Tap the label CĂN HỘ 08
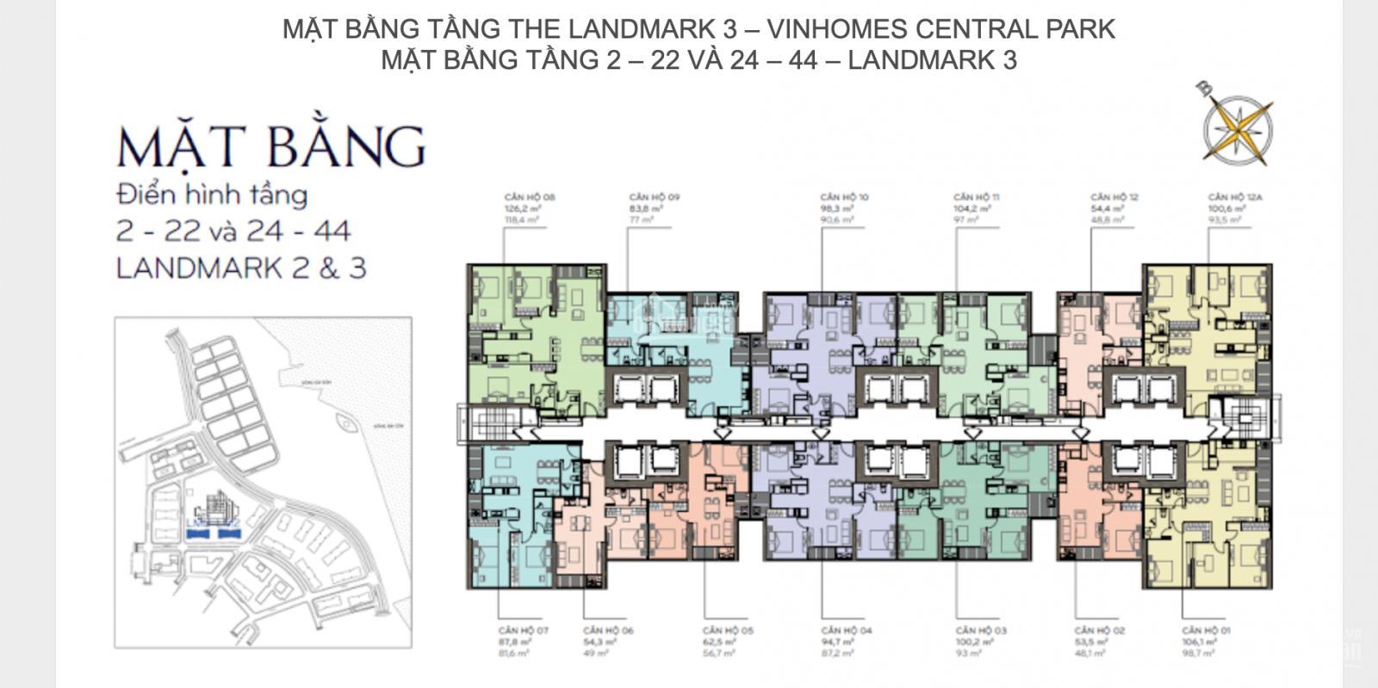(x=530, y=197)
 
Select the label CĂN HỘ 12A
(x=1234, y=197)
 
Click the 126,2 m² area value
(x=522, y=209)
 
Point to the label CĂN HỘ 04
(x=846, y=631)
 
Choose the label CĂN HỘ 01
(x=1206, y=631)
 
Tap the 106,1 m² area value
(x=1199, y=642)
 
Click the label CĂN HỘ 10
(x=844, y=197)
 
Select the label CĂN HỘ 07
(x=523, y=631)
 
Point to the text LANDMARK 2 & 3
(x=241, y=268)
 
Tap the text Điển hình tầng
(x=212, y=195)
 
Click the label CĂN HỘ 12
(x=1114, y=197)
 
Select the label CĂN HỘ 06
(x=608, y=631)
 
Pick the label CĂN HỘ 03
(x=981, y=631)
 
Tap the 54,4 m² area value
(x=1107, y=209)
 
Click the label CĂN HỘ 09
(x=654, y=197)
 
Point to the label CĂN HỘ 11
(x=977, y=197)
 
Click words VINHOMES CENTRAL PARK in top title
(x=940, y=28)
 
